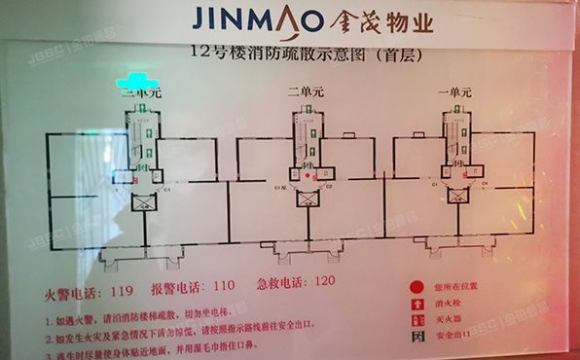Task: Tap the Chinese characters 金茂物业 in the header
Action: [x=375, y=20]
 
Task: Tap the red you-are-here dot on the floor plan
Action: [x=308, y=177]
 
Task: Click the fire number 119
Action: [x=122, y=292]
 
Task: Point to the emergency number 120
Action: [x=325, y=282]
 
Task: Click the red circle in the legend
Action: [x=417, y=287]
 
